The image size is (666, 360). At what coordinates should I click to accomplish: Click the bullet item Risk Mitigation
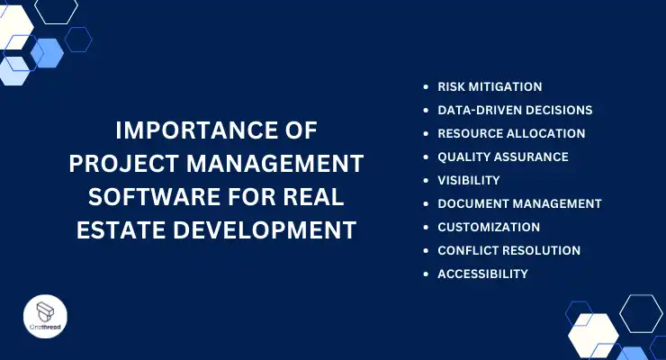coord(490,87)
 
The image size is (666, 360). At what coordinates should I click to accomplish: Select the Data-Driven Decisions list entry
coord(515,111)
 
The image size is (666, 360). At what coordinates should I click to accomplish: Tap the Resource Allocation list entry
coord(511,133)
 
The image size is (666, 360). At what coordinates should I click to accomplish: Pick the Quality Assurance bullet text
coord(503,157)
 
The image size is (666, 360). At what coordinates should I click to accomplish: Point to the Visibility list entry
coord(469,180)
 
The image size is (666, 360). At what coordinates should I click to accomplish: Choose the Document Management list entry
coord(519,203)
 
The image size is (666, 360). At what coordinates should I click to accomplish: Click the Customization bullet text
coord(489,227)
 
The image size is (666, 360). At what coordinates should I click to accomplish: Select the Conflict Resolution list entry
coord(508,250)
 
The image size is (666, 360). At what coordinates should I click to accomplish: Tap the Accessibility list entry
coord(482,274)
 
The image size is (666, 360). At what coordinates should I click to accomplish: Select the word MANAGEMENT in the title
coord(282,165)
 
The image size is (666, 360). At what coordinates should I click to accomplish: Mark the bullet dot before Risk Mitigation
coord(427,87)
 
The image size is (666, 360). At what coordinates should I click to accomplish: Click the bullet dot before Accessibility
coord(427,274)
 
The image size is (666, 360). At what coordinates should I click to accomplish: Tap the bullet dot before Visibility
coord(427,180)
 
